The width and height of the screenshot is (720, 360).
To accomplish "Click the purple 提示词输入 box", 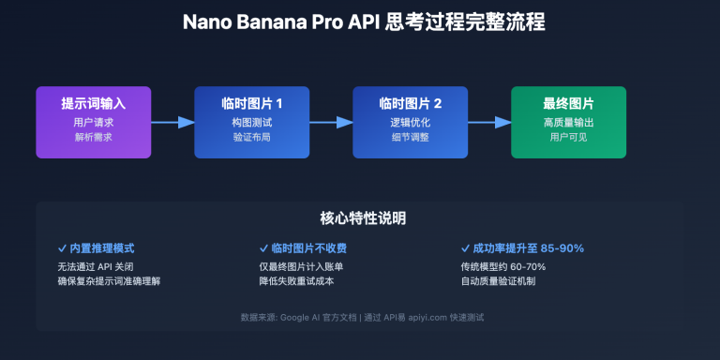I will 93,122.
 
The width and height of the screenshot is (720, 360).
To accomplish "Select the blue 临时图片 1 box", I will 251,122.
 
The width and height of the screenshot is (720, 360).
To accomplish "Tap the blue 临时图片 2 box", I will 410,122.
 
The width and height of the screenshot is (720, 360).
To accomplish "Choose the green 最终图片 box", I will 568,122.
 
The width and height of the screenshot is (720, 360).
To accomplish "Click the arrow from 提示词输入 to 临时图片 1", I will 172,122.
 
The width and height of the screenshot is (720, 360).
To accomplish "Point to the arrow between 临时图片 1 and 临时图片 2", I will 331,122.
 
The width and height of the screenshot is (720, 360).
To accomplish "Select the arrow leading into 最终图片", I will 489,122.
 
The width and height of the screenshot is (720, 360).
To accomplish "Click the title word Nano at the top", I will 209,22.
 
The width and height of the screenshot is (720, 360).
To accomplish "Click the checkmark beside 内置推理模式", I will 62,248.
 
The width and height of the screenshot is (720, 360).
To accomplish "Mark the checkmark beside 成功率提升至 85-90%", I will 465,248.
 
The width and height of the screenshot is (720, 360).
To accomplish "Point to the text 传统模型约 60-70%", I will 502,266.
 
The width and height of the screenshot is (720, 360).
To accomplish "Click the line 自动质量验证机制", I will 500,280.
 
